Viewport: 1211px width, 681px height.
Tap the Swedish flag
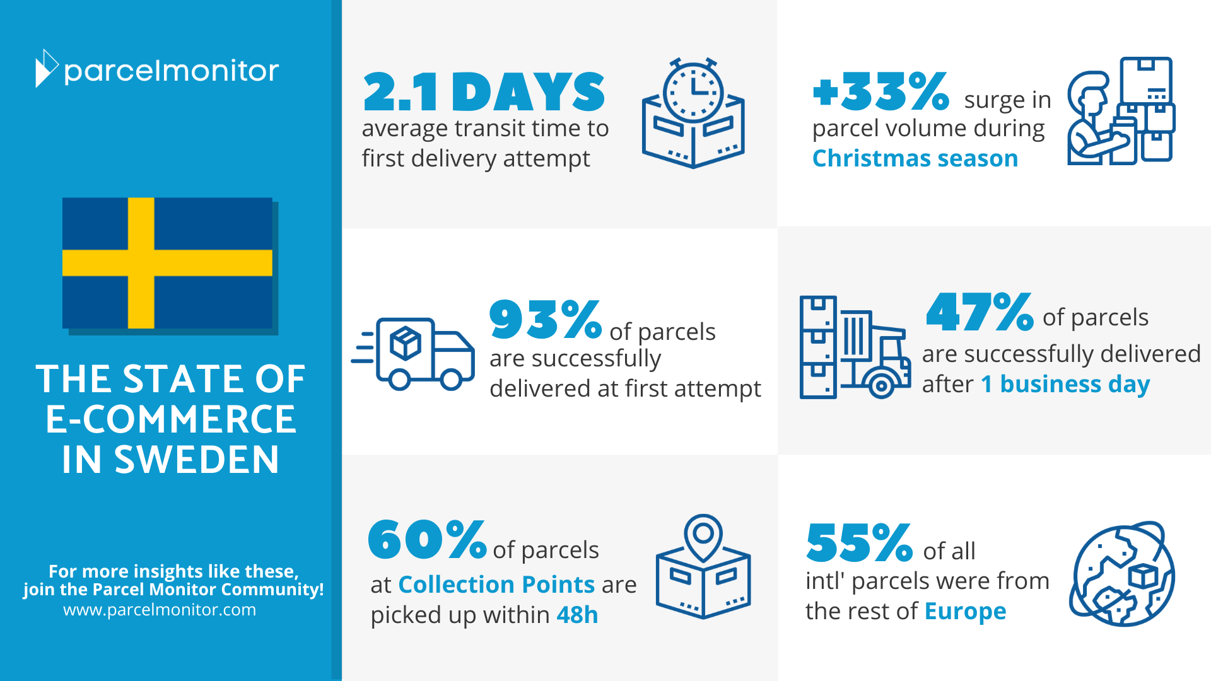click(168, 263)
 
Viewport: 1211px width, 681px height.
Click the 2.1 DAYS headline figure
click(484, 92)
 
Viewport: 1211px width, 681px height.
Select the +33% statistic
click(881, 91)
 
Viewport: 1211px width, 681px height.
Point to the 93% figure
click(546, 319)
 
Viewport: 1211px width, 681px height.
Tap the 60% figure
click(427, 540)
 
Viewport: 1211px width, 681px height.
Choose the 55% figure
click(859, 542)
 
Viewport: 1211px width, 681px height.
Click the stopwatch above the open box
click(693, 90)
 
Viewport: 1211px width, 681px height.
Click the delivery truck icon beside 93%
click(413, 354)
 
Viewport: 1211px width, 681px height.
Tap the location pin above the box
click(703, 537)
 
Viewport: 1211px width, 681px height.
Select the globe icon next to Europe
click(1123, 574)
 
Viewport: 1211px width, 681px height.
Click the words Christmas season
click(915, 158)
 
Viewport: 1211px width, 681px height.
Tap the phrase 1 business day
click(1065, 385)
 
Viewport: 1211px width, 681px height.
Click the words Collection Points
click(496, 585)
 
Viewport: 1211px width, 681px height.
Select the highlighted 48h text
click(577, 615)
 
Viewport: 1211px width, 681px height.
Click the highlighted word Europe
click(965, 612)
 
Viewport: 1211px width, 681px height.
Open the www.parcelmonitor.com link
click(160, 610)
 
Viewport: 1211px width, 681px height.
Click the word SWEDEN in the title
click(197, 459)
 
